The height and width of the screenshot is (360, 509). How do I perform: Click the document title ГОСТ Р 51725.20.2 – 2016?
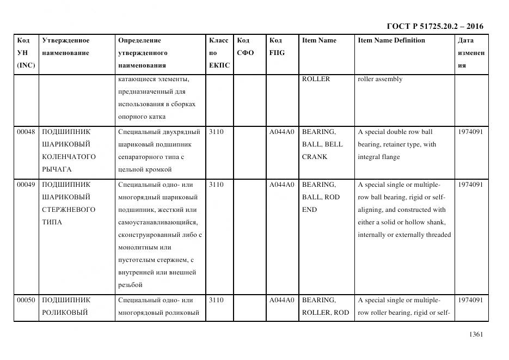click(x=434, y=26)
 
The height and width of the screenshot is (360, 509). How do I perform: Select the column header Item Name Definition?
click(x=391, y=40)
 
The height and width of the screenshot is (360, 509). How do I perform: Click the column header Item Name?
click(x=319, y=40)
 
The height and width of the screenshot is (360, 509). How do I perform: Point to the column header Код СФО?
click(x=246, y=47)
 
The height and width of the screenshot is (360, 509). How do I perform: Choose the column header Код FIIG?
click(x=277, y=47)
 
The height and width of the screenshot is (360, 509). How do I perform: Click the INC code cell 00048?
click(x=26, y=132)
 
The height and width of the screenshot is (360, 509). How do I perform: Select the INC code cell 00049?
click(x=26, y=185)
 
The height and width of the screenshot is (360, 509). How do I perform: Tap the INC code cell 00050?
click(x=26, y=300)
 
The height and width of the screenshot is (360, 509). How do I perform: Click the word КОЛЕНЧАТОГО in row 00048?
click(x=69, y=157)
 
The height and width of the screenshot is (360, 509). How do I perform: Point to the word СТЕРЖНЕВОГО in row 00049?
click(x=69, y=210)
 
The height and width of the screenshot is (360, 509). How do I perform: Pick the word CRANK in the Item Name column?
click(x=315, y=157)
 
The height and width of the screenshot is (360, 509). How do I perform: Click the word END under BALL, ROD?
click(x=309, y=210)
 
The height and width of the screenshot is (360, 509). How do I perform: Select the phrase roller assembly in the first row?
click(x=380, y=80)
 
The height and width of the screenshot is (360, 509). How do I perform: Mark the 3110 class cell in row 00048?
click(x=216, y=132)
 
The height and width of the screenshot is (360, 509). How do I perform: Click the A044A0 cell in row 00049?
click(x=281, y=185)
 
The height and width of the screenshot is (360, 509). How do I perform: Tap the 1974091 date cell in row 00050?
click(x=470, y=300)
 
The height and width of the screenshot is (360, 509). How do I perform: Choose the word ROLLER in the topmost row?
click(x=316, y=80)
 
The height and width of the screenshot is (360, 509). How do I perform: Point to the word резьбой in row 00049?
click(x=130, y=285)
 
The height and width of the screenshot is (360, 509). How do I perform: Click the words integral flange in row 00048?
click(x=378, y=157)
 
